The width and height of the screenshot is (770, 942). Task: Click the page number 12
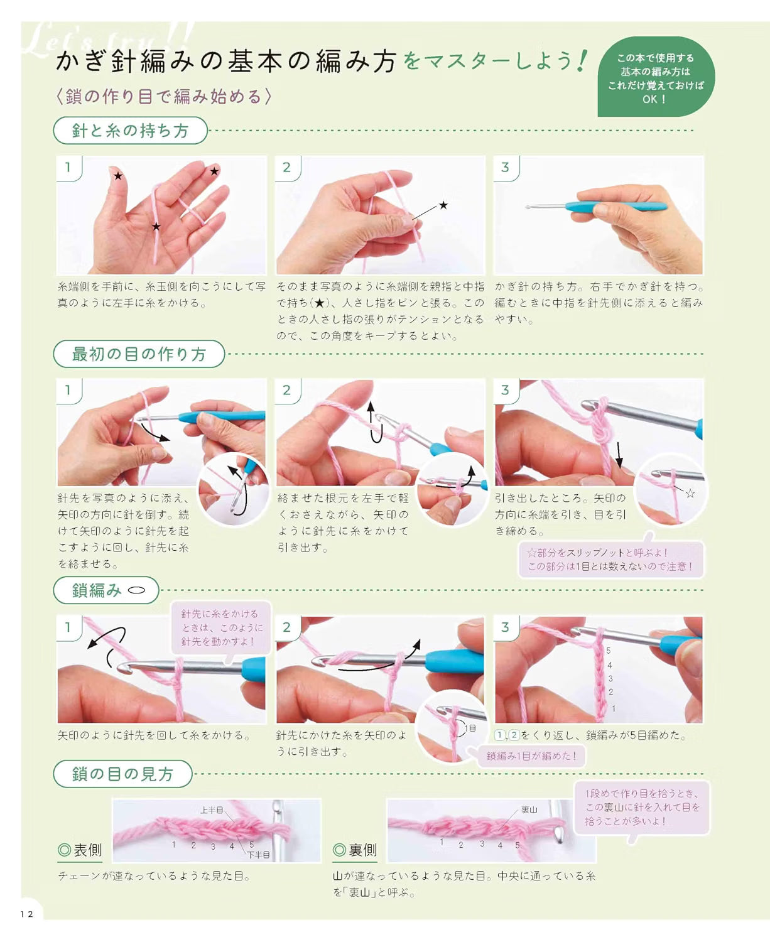click(27, 914)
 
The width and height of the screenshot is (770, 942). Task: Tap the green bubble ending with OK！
click(656, 77)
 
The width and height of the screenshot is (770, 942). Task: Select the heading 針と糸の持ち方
click(130, 131)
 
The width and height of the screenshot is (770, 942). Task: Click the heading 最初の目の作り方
click(139, 354)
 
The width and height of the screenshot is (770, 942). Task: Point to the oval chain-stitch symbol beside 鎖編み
click(137, 590)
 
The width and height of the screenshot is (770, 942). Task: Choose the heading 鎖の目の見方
click(122, 774)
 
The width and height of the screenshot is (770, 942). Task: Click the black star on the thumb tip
click(118, 176)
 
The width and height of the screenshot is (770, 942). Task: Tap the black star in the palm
click(156, 227)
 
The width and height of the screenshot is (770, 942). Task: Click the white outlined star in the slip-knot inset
click(690, 493)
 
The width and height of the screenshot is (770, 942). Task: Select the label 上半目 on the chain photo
click(212, 809)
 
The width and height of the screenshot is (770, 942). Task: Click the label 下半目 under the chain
click(258, 855)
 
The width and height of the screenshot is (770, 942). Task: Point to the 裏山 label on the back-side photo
click(529, 809)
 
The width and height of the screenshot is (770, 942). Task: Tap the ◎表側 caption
click(80, 850)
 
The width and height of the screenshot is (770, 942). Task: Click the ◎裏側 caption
click(355, 850)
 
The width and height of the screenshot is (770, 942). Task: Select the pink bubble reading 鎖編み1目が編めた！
click(531, 755)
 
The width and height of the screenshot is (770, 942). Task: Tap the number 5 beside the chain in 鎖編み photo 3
click(609, 651)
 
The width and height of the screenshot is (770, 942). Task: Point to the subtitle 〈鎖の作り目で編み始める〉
click(164, 97)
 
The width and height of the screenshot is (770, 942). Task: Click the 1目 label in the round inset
click(470, 728)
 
